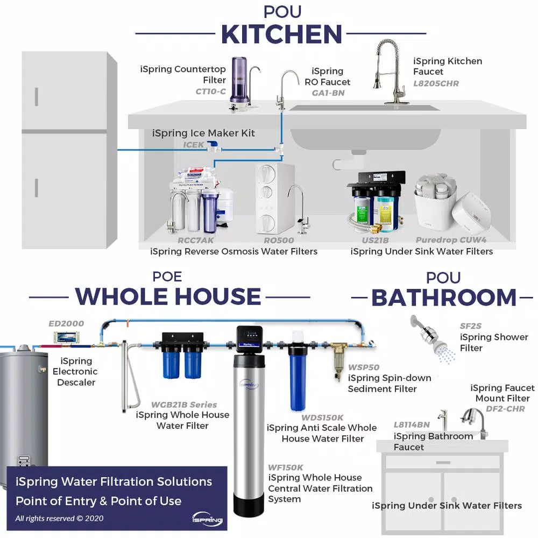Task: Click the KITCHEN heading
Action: point(281,34)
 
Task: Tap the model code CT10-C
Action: point(210,91)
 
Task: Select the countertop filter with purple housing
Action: point(239,81)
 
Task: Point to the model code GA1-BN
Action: point(328,93)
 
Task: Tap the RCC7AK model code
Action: point(196,240)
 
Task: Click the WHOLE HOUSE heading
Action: point(168,296)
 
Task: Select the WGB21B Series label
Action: point(184,405)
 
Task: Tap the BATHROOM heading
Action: point(444,298)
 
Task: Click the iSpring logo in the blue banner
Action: point(206,518)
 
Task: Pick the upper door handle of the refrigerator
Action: point(37,97)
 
